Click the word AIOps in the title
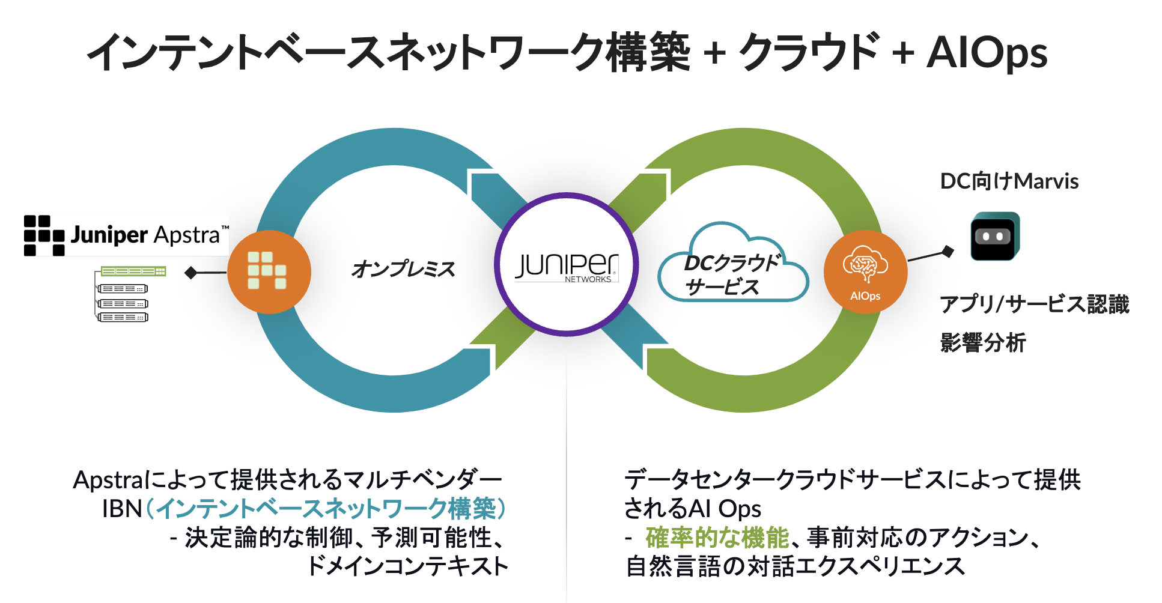click(x=987, y=53)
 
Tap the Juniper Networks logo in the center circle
click(x=567, y=265)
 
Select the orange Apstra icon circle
click(x=269, y=271)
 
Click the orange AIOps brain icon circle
click(x=865, y=271)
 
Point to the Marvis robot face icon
click(x=994, y=236)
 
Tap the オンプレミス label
click(x=403, y=268)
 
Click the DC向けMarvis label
click(x=1009, y=181)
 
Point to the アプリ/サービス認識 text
click(x=1034, y=304)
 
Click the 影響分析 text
click(x=983, y=342)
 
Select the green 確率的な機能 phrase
click(x=717, y=537)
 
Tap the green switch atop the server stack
click(x=133, y=271)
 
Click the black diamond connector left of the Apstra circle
click(x=191, y=273)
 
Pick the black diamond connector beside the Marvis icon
click(x=948, y=251)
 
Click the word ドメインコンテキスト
click(x=407, y=566)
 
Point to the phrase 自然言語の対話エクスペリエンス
click(x=795, y=566)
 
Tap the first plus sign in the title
click(x=714, y=53)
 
